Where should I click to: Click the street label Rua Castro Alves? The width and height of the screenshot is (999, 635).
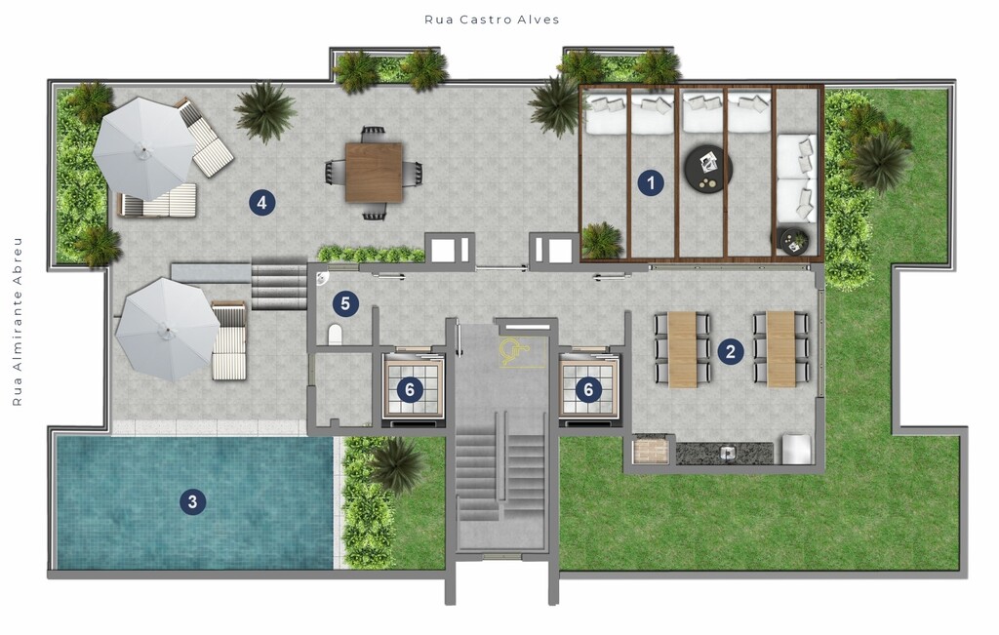492,20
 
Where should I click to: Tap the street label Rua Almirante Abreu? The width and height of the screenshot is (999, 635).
18,322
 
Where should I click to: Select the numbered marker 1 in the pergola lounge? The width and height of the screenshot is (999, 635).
651,182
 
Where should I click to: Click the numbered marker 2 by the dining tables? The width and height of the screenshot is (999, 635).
730,351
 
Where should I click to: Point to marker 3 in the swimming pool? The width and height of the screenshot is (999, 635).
192,502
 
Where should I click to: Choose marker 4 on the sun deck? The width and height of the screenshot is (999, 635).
261,203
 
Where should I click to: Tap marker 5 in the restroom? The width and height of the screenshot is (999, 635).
345,303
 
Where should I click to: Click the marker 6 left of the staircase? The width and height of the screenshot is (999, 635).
410,389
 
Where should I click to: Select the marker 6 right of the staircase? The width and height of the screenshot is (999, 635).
588,389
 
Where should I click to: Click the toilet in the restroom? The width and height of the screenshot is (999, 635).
336,335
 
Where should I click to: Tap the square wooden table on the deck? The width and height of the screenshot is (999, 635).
374,173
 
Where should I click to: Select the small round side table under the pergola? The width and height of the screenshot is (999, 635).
793,241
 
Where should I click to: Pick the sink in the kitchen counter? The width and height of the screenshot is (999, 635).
728,453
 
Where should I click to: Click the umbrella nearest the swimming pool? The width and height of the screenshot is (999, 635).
168,330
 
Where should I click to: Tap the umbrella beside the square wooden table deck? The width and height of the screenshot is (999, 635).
143,148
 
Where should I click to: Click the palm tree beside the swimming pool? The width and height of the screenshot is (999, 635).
395,465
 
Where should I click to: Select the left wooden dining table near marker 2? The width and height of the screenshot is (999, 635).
682,349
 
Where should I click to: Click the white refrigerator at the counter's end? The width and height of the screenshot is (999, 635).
796,449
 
